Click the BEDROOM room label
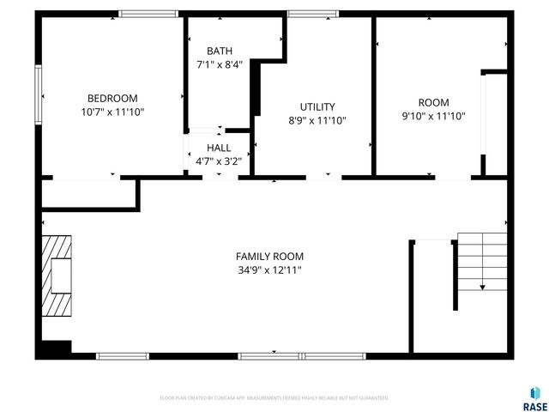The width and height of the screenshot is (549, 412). (x=112, y=99)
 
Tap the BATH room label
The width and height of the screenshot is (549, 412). (x=219, y=51)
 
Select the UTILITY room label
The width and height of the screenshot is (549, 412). (x=317, y=107)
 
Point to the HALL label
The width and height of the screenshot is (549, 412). (x=219, y=148)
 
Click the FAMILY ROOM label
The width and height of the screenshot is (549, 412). (x=269, y=256)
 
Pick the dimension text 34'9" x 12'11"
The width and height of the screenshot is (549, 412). (x=269, y=270)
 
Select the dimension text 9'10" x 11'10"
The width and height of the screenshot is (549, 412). (x=433, y=116)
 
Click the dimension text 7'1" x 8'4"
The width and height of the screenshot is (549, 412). (x=219, y=64)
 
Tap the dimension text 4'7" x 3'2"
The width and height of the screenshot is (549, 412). (x=219, y=160)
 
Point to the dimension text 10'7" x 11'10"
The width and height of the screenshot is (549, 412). (x=112, y=112)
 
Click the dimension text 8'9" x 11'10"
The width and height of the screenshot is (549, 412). (x=317, y=121)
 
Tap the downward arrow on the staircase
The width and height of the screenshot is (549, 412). (x=483, y=287)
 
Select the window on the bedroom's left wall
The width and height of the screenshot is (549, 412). (x=38, y=94)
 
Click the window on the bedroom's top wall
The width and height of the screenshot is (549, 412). (x=148, y=14)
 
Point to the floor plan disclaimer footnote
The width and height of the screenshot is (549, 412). (x=274, y=398)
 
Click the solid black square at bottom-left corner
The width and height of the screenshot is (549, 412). (x=52, y=349)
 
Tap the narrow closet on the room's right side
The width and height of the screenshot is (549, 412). (x=495, y=124)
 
